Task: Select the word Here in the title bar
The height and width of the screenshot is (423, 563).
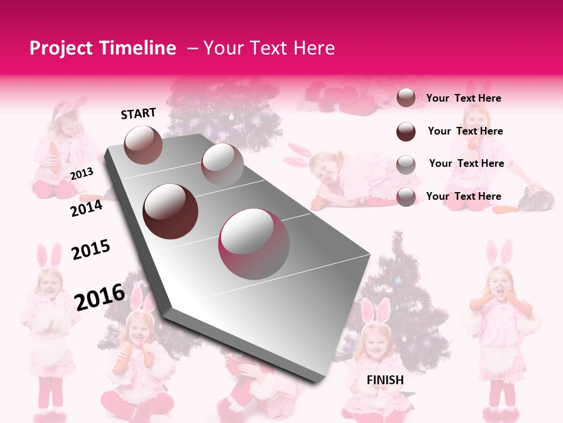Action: pyautogui.click(x=314, y=48)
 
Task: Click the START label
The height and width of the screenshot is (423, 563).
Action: pyautogui.click(x=138, y=113)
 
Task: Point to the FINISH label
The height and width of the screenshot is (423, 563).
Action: pyautogui.click(x=385, y=380)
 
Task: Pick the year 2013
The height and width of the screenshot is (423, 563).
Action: pyautogui.click(x=82, y=173)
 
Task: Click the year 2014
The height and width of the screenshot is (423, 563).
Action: pyautogui.click(x=86, y=208)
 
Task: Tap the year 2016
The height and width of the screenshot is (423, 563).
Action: pyautogui.click(x=99, y=297)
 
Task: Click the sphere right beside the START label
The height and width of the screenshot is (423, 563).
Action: pyautogui.click(x=144, y=145)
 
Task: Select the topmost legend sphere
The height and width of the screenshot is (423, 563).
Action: pyautogui.click(x=406, y=98)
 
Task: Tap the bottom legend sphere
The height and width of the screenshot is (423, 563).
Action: pyautogui.click(x=406, y=196)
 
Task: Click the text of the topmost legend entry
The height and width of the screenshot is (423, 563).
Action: pyautogui.click(x=463, y=98)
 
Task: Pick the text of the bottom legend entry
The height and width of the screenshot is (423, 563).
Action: pyautogui.click(x=463, y=196)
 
